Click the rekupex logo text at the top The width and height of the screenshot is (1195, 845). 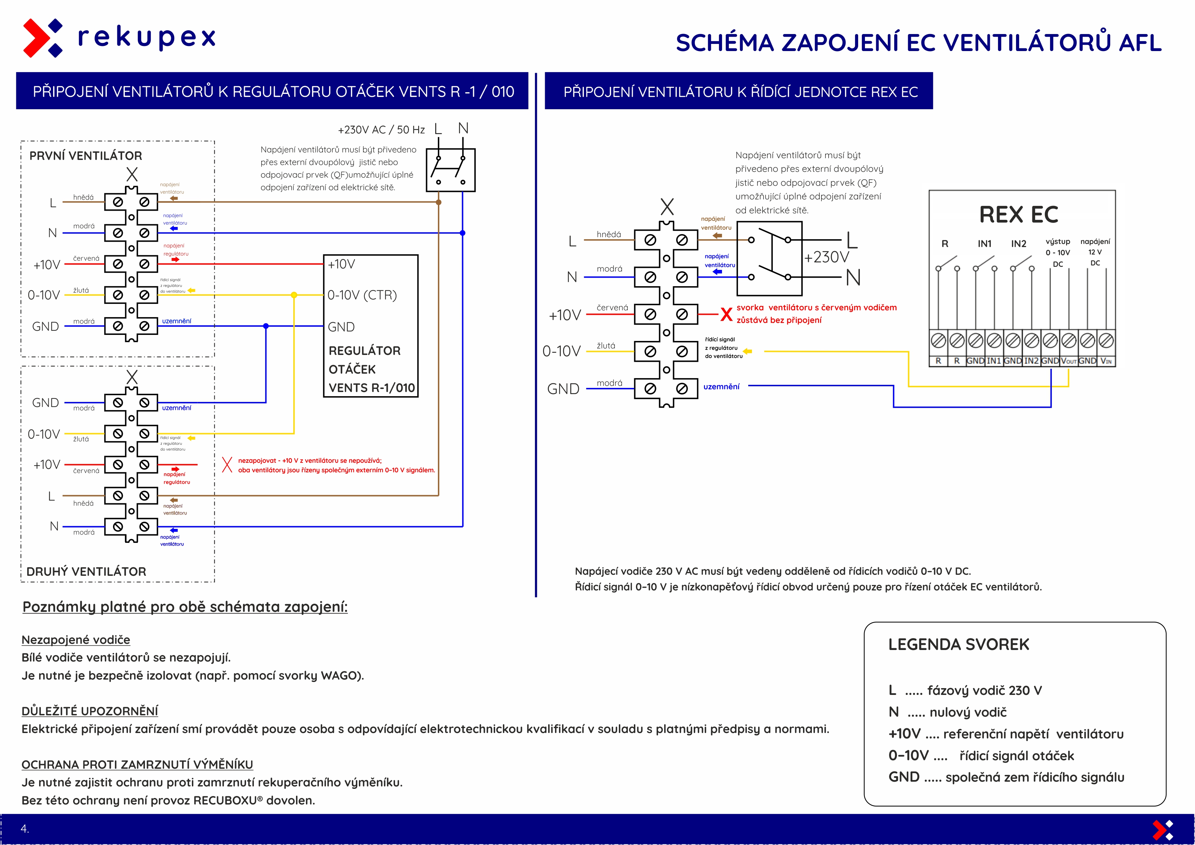point(146,37)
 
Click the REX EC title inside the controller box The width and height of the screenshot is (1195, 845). point(1018,214)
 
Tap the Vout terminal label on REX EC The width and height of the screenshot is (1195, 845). point(1068,361)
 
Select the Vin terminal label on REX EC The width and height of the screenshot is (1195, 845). point(1106,361)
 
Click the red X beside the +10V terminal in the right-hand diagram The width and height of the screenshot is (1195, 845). point(726,314)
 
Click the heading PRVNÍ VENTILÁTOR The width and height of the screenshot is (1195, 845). point(86,156)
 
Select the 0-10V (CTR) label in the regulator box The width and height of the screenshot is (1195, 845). point(362,295)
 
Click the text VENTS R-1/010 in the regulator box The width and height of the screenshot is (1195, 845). point(372,388)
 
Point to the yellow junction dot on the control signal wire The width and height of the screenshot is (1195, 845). point(294,295)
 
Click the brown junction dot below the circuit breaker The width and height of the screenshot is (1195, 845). point(439,202)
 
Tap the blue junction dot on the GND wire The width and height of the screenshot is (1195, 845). point(266,326)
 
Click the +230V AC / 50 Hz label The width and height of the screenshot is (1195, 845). point(381,130)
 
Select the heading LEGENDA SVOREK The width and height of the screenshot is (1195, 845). point(959,645)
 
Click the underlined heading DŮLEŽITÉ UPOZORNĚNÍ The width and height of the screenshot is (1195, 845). point(89,711)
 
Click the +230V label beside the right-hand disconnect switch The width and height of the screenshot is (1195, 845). point(826,257)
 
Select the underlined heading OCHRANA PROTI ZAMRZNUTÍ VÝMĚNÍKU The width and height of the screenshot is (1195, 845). point(137,765)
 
